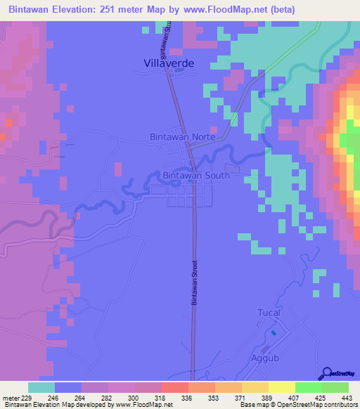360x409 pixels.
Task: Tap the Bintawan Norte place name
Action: click(181, 138)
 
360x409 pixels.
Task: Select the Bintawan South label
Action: click(195, 175)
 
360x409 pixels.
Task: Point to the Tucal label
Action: click(269, 312)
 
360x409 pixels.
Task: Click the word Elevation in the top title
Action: click(80, 9)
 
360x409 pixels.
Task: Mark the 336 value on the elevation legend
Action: click(187, 397)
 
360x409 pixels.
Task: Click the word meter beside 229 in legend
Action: click(12, 397)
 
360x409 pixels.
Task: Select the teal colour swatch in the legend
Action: click(41, 387)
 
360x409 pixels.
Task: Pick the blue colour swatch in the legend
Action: click(67, 387)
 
